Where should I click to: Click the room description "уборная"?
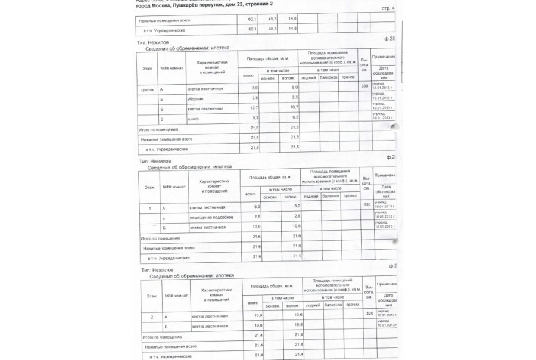[195, 98]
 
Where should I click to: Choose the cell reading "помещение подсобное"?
[210, 217]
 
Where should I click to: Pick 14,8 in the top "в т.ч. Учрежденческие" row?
[292, 29]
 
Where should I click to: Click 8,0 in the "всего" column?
[254, 88]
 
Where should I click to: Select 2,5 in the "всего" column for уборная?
[254, 98]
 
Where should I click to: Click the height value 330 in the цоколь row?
[365, 86]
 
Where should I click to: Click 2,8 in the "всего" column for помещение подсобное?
[257, 216]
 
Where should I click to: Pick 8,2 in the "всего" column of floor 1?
[257, 206]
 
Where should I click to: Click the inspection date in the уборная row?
[383, 97]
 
